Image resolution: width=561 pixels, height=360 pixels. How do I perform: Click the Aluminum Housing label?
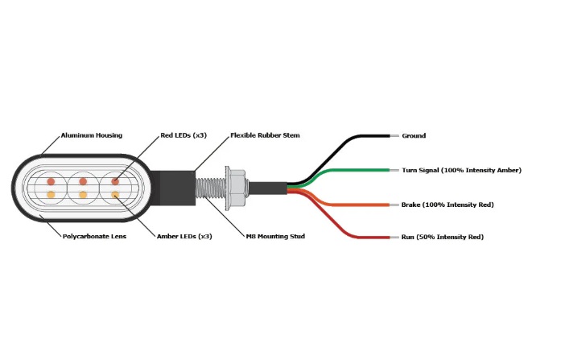[x=92, y=135]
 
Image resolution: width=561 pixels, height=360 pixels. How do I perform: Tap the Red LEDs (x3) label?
[x=184, y=135]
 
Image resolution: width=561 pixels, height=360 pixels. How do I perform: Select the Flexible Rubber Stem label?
[x=265, y=135]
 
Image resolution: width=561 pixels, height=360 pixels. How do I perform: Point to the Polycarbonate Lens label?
[x=94, y=236]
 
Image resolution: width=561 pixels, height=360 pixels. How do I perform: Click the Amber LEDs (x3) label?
[x=184, y=236]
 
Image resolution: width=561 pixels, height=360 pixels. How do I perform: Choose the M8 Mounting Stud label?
[x=275, y=236]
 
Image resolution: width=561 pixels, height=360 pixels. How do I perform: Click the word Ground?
[x=414, y=135]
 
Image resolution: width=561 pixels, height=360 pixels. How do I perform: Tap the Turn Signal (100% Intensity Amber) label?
[x=461, y=170]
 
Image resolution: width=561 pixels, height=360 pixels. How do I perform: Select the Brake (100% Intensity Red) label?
[x=448, y=205]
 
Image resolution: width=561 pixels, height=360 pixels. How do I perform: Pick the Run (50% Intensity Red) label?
[x=443, y=237]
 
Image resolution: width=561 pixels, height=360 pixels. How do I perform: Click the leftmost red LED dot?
[x=52, y=181]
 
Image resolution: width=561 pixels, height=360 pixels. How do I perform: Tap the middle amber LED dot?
[x=83, y=195]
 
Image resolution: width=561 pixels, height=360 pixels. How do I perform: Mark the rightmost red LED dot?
[x=115, y=181]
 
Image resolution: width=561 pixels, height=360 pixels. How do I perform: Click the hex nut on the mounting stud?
[x=237, y=188]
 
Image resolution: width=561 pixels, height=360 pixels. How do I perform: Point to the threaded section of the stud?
[x=210, y=188]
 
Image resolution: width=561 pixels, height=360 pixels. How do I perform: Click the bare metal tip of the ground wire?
[x=394, y=136]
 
